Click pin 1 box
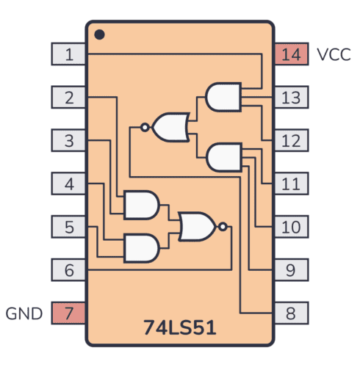tap(69, 54)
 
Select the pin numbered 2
tap(69, 97)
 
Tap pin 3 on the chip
tap(69, 140)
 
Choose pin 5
tap(69, 227)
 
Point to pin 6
tap(69, 270)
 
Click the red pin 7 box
tap(69, 313)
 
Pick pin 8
tap(290, 313)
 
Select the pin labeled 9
tap(290, 270)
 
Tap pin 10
tap(290, 227)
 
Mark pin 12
tap(290, 140)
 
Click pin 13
tap(290, 97)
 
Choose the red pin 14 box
tap(290, 54)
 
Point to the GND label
tap(25, 314)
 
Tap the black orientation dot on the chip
tap(100, 34)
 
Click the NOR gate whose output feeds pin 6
tap(199, 227)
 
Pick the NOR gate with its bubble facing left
tap(168, 127)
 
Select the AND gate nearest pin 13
tap(223, 97)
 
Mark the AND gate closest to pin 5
tap(141, 248)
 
